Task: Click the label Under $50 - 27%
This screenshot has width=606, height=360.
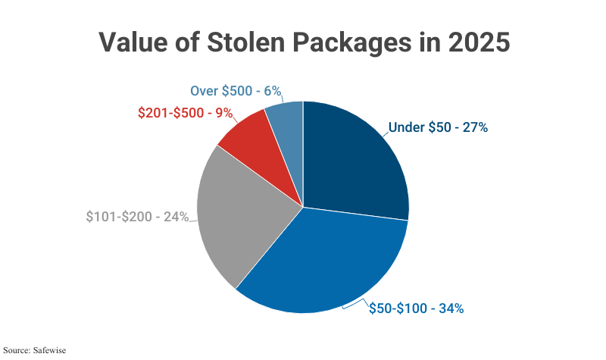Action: (438, 127)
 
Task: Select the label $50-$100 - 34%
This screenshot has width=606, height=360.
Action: (416, 308)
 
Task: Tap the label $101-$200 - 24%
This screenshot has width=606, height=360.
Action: (137, 217)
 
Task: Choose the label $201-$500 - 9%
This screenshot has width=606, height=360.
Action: (185, 113)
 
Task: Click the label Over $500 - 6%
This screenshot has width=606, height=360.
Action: (236, 91)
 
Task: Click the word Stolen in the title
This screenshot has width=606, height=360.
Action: (249, 42)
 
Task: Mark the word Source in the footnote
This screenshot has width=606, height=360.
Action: (17, 351)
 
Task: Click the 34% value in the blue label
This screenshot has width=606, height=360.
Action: (448, 308)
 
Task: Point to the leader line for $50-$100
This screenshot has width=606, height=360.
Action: (354, 305)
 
